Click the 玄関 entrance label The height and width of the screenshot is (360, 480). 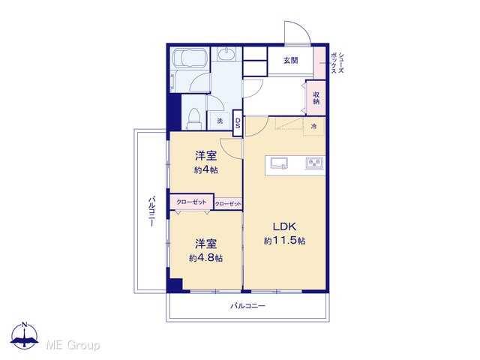[290, 61]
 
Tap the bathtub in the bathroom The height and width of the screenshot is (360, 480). [190, 58]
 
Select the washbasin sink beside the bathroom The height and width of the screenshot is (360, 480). [226, 55]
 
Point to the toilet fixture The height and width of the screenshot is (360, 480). [193, 118]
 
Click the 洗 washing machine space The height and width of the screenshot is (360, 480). [220, 121]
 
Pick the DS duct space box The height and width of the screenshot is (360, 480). [238, 123]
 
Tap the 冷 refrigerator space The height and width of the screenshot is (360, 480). [313, 126]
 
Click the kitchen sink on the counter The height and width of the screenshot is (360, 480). [279, 163]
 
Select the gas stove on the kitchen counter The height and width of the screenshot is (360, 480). [314, 163]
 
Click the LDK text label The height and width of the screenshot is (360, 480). [284, 226]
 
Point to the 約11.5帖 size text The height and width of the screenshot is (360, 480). [284, 241]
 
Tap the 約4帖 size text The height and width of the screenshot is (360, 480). [205, 170]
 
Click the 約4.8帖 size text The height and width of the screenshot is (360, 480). [205, 258]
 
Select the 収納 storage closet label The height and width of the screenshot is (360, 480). [316, 97]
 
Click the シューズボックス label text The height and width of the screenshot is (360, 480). [337, 63]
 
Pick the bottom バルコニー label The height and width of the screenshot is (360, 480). [247, 306]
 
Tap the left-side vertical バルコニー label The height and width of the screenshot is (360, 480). [151, 211]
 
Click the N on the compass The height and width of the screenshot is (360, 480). [25, 325]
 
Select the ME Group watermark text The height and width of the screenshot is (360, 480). [73, 345]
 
